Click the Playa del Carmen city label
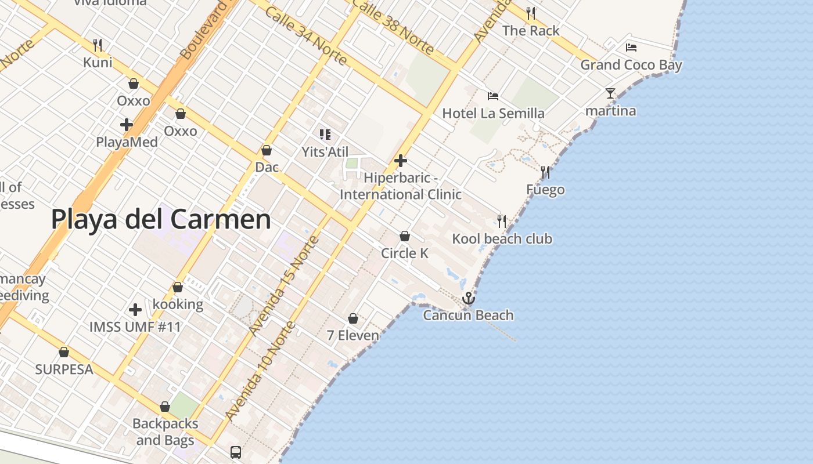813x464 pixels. coord(161,220)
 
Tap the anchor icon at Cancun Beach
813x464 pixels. coord(468,298)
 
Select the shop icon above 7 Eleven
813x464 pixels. coord(352,318)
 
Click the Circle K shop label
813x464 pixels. coord(405,253)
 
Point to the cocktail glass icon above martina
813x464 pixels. coord(610,93)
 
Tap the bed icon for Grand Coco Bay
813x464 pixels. coord(631,48)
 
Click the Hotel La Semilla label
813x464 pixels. coord(493,113)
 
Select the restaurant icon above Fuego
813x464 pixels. coord(545,172)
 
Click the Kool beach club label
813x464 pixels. coord(502,239)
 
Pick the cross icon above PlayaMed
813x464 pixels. coord(126,125)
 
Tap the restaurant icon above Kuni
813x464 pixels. coord(98,45)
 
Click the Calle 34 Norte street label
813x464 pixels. coord(305,36)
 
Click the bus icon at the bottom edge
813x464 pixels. coord(235,452)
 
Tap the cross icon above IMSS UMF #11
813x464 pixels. coord(135,310)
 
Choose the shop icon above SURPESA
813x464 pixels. coord(64,352)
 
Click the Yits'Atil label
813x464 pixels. coord(325,152)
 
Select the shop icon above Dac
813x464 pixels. coord(267,151)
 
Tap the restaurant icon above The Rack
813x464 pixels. coord(530,13)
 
